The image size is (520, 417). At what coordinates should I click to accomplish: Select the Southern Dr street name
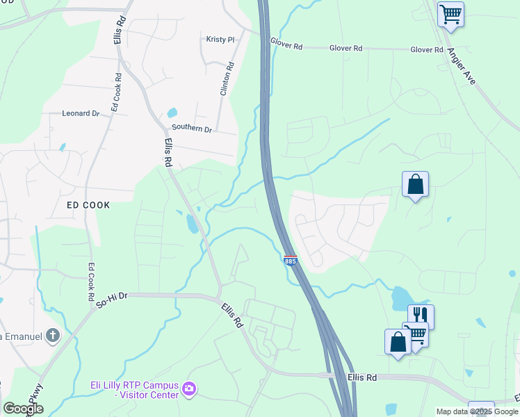click(x=191, y=129)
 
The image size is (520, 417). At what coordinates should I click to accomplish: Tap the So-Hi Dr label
click(x=113, y=300)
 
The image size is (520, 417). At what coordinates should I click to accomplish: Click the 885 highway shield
click(x=291, y=260)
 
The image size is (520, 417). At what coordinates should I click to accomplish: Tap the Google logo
click(x=23, y=409)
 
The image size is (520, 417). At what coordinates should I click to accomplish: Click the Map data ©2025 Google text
click(x=477, y=411)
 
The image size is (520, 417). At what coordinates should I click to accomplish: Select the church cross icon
click(x=54, y=336)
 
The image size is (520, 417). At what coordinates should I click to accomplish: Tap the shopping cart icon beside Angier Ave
click(x=450, y=13)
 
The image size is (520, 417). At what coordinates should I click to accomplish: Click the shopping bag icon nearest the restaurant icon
click(x=398, y=342)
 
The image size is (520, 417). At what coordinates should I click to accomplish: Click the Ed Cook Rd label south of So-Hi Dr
click(x=91, y=281)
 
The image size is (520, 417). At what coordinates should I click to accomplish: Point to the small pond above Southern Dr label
click(x=172, y=112)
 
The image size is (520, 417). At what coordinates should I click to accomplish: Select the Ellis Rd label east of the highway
click(x=361, y=377)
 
